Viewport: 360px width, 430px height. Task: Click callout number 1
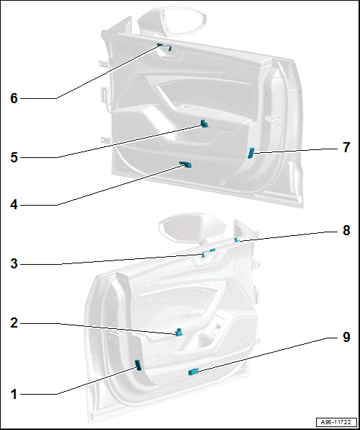pos(14,395)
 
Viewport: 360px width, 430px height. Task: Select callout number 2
pos(14,323)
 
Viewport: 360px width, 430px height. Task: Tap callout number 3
pos(14,264)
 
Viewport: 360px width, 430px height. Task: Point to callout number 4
pos(14,205)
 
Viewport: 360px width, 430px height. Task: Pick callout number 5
pos(14,158)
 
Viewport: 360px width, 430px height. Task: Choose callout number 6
pos(14,98)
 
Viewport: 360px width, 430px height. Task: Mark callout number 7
pos(346,147)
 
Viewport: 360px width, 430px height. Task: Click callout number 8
pos(346,230)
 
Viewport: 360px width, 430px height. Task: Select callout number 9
pos(346,337)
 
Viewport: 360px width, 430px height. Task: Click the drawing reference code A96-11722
pos(336,422)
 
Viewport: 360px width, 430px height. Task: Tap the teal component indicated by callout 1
pos(139,366)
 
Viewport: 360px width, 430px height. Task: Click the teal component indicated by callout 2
pos(179,332)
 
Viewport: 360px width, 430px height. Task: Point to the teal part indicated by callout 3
pos(208,253)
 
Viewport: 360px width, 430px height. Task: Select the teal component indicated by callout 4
pos(185,164)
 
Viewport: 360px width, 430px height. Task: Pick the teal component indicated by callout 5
pos(205,123)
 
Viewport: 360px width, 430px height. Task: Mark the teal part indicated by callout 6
pos(164,47)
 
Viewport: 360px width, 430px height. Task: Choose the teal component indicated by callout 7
pos(251,153)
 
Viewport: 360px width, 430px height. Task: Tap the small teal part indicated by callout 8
pos(237,240)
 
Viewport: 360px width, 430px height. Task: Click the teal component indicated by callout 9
pos(193,372)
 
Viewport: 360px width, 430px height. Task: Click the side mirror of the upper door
pos(172,22)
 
